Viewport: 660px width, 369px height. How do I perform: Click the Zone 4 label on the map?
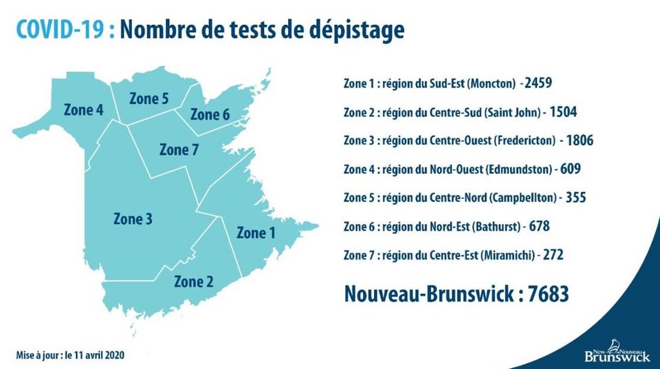(x=84, y=109)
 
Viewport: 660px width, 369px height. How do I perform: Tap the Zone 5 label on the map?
(x=149, y=99)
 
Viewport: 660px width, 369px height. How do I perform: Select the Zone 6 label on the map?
(x=210, y=114)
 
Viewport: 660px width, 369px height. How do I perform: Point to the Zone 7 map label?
(x=179, y=149)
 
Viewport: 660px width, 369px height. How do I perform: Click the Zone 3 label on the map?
(x=133, y=219)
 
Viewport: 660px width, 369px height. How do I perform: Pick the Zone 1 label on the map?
(x=256, y=233)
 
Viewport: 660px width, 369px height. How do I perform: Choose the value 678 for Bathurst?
(x=540, y=226)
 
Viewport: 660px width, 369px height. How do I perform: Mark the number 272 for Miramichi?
(x=553, y=255)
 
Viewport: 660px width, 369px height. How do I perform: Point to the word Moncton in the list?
(x=492, y=84)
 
